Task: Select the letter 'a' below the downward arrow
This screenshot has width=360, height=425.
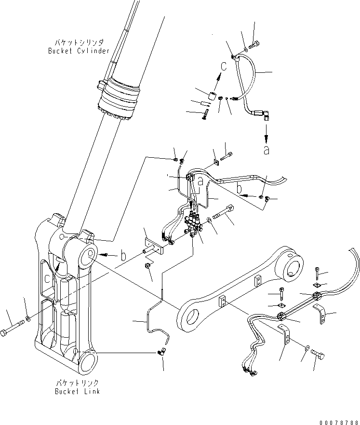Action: click(x=266, y=150)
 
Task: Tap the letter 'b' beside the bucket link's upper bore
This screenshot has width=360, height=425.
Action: click(x=123, y=256)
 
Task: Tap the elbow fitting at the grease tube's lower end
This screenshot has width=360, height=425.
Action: click(x=163, y=353)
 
